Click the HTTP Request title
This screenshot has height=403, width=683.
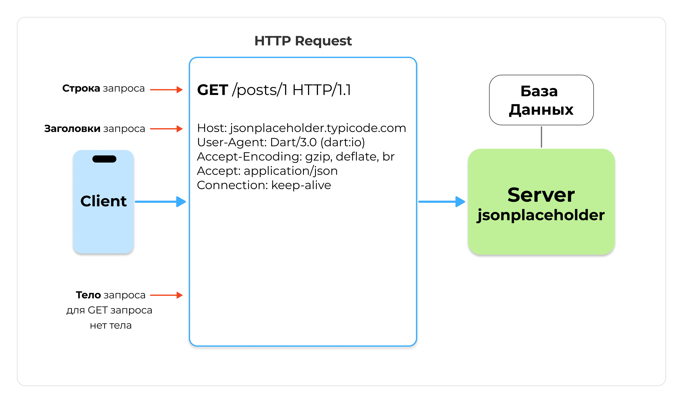click(x=303, y=41)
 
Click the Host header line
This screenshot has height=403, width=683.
click(x=301, y=128)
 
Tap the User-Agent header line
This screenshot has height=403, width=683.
click(x=281, y=142)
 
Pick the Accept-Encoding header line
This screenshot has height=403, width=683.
click(x=295, y=157)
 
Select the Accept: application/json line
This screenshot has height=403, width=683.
click(x=267, y=171)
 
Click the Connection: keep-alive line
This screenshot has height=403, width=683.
click(x=264, y=185)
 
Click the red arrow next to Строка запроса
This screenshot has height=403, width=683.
click(x=166, y=90)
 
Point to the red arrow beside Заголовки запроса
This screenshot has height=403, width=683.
click(x=166, y=129)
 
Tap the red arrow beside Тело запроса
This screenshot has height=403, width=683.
click(x=166, y=295)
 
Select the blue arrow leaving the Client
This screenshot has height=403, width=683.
click(x=160, y=202)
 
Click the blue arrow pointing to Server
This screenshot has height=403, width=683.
click(x=442, y=202)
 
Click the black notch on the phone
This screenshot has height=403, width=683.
click(x=104, y=159)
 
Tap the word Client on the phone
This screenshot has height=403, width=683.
click(x=103, y=201)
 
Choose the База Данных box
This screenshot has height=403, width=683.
click(x=541, y=100)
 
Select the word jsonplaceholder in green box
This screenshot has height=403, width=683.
click(x=541, y=215)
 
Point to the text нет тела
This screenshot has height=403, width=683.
click(x=111, y=325)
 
